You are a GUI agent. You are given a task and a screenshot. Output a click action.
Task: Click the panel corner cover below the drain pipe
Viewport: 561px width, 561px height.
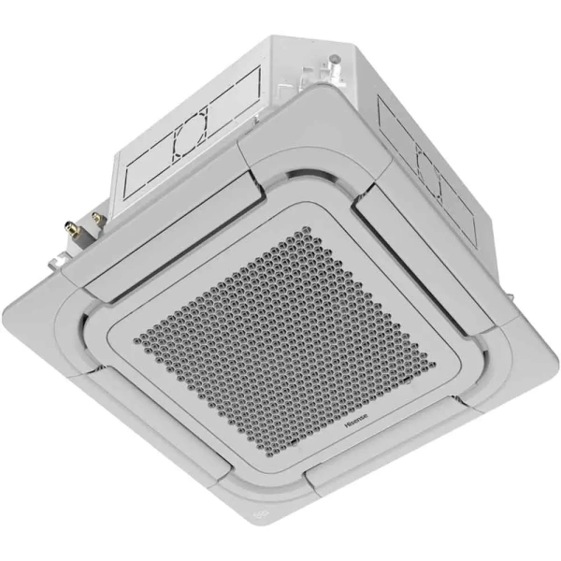click(280, 122)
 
